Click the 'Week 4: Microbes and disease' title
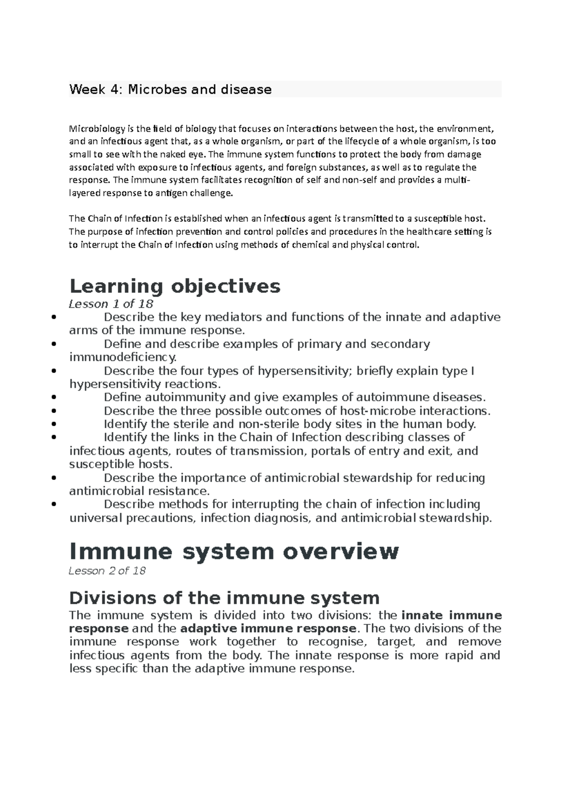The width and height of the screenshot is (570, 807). click(170, 89)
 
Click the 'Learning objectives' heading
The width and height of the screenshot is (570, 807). click(175, 286)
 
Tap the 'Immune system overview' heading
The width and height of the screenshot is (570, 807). click(234, 551)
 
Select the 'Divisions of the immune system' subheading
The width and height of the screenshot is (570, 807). click(224, 597)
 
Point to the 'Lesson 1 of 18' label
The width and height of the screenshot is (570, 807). click(111, 304)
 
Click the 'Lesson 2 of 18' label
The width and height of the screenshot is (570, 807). click(107, 571)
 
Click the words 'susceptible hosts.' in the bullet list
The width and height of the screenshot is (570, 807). click(121, 464)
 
